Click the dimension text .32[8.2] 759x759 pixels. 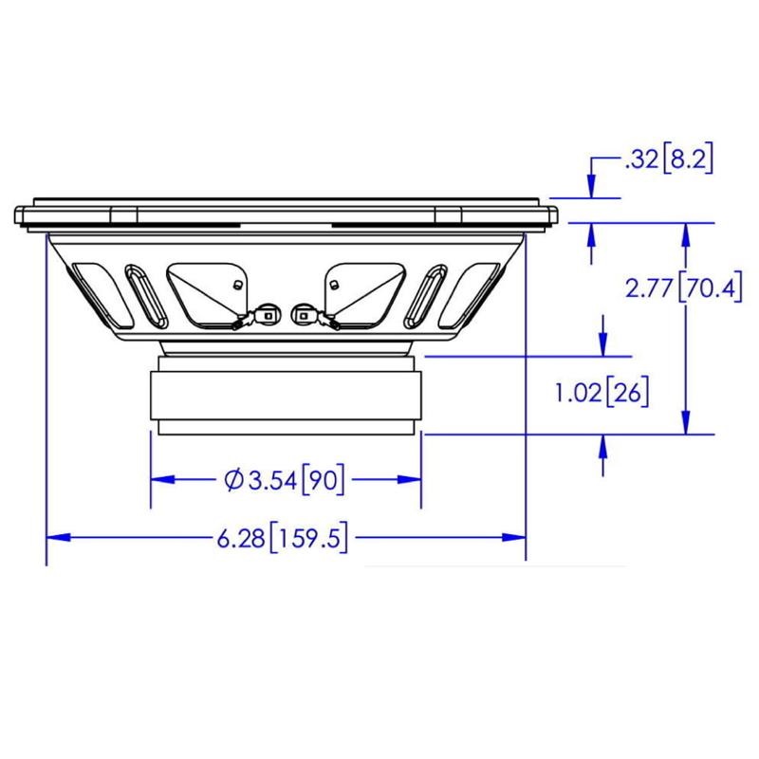click(670, 158)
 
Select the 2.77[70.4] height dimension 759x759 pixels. click(683, 288)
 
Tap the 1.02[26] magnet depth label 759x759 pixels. click(602, 392)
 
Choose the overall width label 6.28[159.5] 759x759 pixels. click(283, 537)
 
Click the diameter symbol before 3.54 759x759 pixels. click(233, 480)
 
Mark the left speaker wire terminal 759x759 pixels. click(267, 315)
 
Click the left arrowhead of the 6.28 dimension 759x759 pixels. click(58, 537)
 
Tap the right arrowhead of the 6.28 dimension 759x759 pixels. click(513, 537)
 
